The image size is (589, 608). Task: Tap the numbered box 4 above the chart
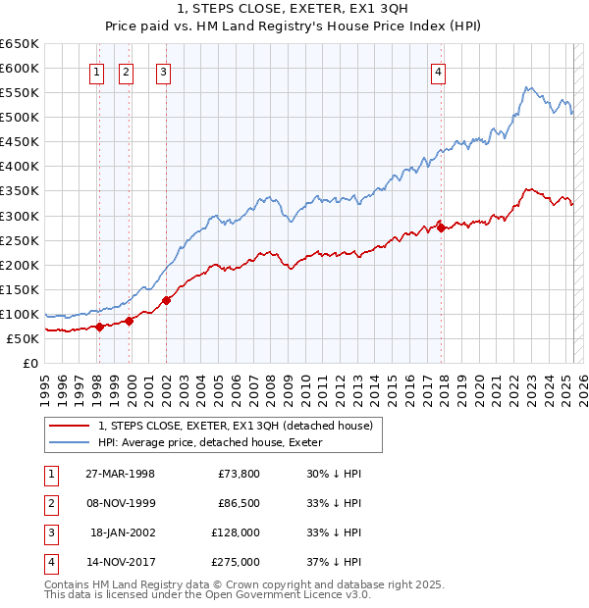[438, 71]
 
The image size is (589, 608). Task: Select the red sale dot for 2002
[167, 300]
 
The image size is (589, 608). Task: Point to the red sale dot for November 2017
[442, 228]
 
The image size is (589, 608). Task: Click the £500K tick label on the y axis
[20, 117]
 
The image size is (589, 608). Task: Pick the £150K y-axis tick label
[20, 289]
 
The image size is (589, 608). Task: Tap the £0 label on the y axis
[29, 363]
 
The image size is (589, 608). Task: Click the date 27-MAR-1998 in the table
[120, 474]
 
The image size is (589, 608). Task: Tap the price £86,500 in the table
[238, 503]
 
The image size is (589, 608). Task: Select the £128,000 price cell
[235, 532]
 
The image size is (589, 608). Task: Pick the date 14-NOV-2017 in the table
[120, 562]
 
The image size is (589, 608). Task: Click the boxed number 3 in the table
[49, 532]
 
